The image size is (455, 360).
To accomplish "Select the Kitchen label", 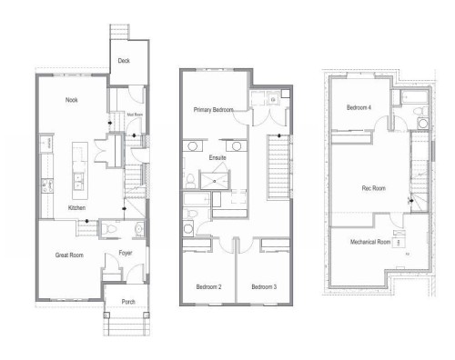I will [77, 208].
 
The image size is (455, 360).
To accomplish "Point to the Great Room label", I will [70, 255].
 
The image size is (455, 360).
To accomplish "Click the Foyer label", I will [126, 255].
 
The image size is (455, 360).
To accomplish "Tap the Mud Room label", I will [119, 115].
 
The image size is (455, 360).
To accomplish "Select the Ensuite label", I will [218, 157].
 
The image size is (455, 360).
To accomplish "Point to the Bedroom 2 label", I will [209, 287].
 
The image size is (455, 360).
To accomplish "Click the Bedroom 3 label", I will [264, 287].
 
